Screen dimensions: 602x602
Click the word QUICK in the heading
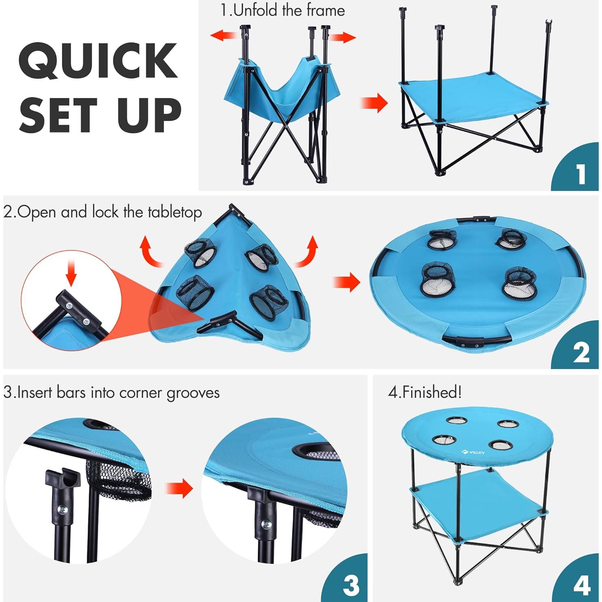coord(98,60)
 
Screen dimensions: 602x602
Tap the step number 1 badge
coord(581,174)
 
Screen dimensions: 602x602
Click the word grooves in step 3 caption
coord(193,393)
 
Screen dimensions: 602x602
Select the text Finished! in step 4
coord(432,392)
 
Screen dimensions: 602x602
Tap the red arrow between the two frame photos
coord(374,103)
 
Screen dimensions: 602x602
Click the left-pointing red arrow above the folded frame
coord(224,35)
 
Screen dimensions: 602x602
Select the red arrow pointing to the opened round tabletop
coord(347,282)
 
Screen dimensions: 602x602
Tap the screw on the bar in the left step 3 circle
coord(62,510)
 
